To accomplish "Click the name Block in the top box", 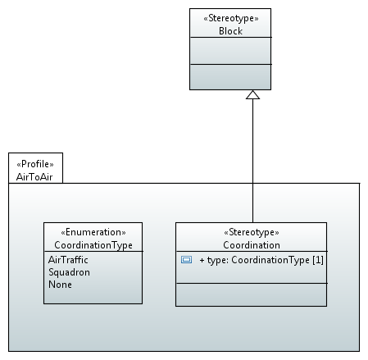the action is pyautogui.click(x=230, y=31).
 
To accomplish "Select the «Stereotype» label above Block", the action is pyautogui.click(x=231, y=18).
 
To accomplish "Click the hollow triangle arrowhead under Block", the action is pyautogui.click(x=252, y=94).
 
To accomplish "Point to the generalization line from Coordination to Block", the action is pyautogui.click(x=252, y=161).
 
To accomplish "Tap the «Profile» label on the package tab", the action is pyautogui.click(x=35, y=164).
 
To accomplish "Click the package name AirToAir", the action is pyautogui.click(x=34, y=177).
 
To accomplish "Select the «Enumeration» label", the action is pyautogui.click(x=93, y=232).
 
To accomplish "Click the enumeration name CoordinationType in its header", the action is pyautogui.click(x=93, y=245).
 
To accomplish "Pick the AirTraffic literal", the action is pyautogui.click(x=68, y=260).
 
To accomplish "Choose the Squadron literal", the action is pyautogui.click(x=69, y=272).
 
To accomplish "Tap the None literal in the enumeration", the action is pyautogui.click(x=60, y=285).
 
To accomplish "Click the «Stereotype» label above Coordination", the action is pyautogui.click(x=252, y=232).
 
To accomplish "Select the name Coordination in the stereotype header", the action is pyautogui.click(x=252, y=245).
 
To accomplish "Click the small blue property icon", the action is pyautogui.click(x=186, y=260).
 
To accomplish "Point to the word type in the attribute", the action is pyautogui.click(x=217, y=260).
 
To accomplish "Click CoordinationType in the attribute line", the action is pyautogui.click(x=270, y=260).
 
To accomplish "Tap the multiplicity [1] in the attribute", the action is pyautogui.click(x=318, y=260).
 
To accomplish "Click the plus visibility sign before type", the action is pyautogui.click(x=202, y=260).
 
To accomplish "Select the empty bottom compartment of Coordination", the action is pyautogui.click(x=251, y=294).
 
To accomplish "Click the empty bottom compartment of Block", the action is pyautogui.click(x=230, y=77).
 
